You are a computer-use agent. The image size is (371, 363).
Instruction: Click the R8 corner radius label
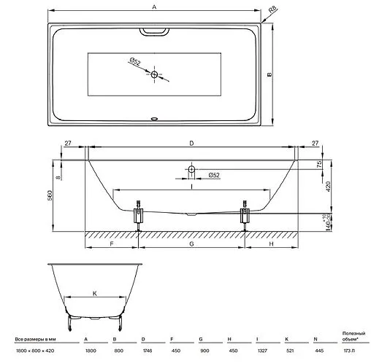(272, 9)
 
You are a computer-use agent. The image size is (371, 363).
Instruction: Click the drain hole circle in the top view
(155, 74)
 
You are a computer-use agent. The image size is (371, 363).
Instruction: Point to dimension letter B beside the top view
(269, 74)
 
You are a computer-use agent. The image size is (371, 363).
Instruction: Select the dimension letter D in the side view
(191, 144)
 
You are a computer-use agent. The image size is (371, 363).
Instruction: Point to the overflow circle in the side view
(191, 169)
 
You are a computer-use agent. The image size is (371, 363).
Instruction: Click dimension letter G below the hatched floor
(191, 246)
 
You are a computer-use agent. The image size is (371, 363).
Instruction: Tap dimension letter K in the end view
(95, 293)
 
